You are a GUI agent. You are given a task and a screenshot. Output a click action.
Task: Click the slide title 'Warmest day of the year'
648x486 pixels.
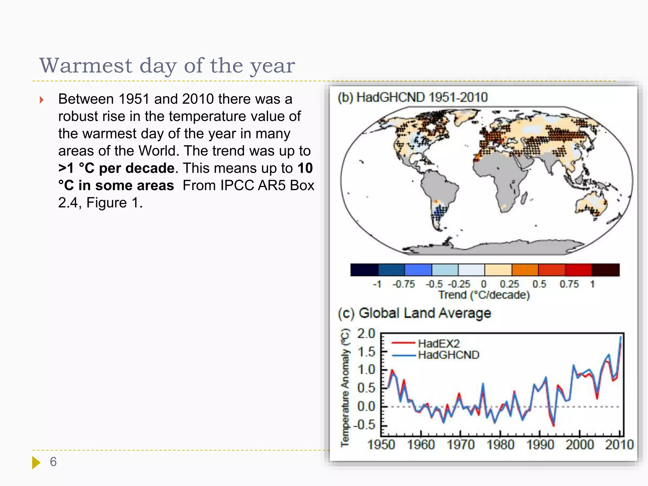tap(167, 66)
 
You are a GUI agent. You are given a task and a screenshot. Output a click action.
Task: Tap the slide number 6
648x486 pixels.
tap(53, 462)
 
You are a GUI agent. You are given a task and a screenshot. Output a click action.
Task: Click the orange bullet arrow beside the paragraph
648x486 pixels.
tap(41, 100)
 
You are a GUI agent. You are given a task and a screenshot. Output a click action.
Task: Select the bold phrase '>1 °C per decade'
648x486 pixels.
tap(116, 168)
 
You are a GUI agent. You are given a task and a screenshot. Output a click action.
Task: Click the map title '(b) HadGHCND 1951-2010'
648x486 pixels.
tap(412, 97)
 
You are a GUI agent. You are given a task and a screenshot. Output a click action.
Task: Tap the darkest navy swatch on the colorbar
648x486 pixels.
tap(364, 270)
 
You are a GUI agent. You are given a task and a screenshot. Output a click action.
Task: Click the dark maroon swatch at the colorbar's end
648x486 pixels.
tap(605, 270)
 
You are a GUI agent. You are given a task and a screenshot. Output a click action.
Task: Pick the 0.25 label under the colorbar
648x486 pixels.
tap(509, 284)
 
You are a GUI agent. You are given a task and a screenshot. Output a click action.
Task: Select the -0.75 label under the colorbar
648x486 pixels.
tap(403, 284)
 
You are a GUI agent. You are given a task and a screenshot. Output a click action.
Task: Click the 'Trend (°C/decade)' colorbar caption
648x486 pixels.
tap(484, 295)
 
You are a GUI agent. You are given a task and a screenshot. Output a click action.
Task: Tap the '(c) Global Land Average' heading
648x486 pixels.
tap(414, 313)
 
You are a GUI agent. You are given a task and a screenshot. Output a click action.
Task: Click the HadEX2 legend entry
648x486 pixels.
tap(439, 343)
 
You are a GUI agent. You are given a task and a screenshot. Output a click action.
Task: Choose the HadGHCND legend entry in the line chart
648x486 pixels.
tap(448, 355)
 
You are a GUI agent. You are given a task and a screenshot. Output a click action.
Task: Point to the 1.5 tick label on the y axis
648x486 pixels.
tap(366, 352)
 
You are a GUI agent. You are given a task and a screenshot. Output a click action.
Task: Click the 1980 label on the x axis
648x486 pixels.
tap(500, 445)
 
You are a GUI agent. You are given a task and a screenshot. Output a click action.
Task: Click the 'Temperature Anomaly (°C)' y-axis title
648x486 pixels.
tap(345, 388)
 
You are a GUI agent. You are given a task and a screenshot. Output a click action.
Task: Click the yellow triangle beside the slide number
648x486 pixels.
tap(36, 462)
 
